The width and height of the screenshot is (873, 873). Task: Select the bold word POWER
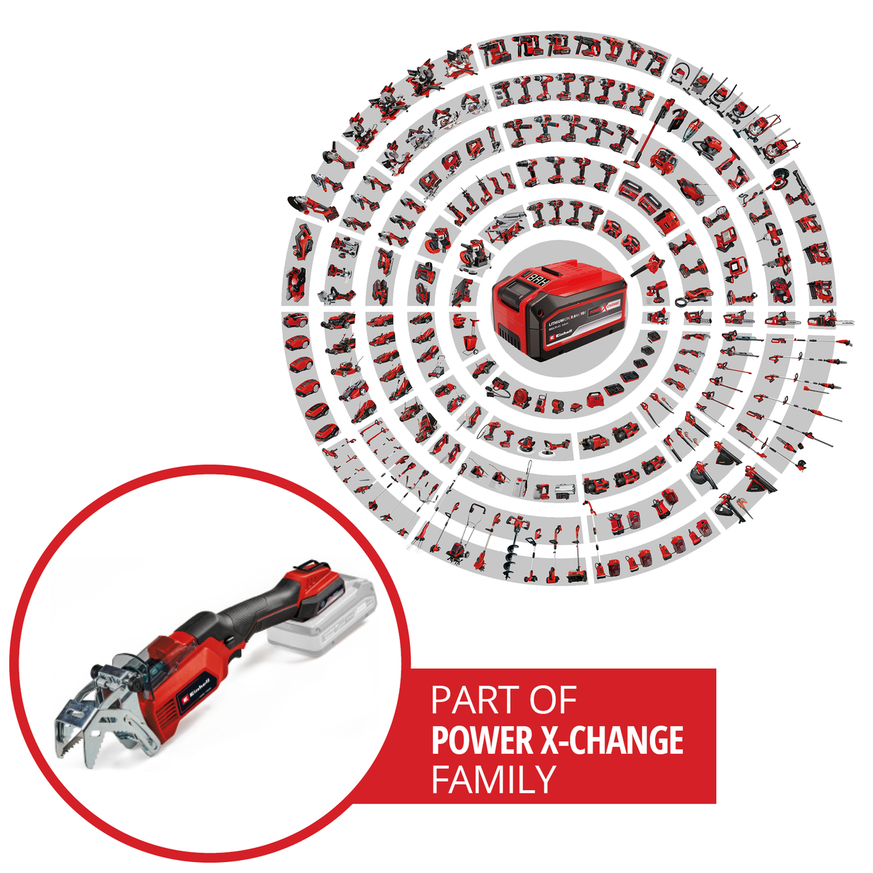tap(481, 741)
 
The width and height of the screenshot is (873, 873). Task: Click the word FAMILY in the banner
tap(493, 780)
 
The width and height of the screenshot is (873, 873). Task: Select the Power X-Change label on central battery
tap(603, 308)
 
